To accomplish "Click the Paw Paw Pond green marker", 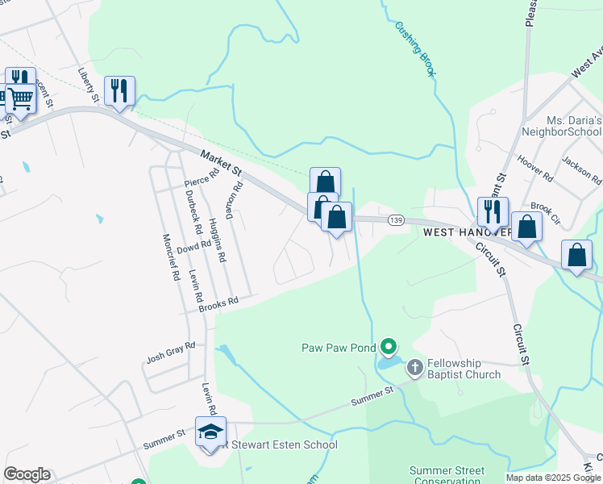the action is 389,348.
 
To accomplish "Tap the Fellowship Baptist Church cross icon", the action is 415,368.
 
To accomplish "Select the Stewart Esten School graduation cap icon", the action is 210,432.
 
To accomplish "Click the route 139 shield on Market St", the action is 395,219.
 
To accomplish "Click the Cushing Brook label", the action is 415,49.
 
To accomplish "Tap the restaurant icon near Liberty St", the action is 119,90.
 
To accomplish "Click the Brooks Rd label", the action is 219,303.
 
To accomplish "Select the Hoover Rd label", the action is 535,168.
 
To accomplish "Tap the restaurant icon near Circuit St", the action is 492,211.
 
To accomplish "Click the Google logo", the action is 27,474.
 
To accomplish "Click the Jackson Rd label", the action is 582,169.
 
